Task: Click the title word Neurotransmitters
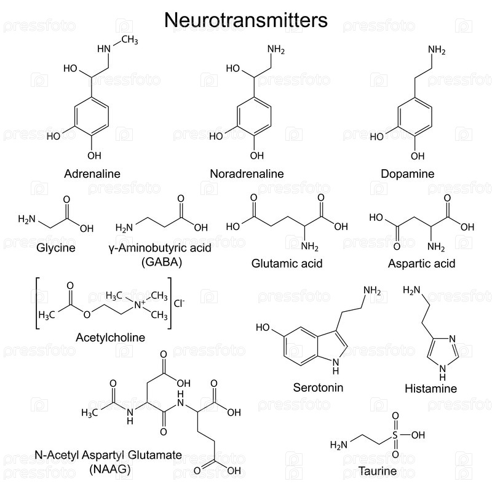pyautogui.click(x=246, y=20)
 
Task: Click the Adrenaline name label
pyautogui.click(x=92, y=173)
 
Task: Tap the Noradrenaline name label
pyautogui.click(x=247, y=173)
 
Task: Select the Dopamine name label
pyautogui.click(x=408, y=174)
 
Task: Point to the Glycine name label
pyautogui.click(x=56, y=248)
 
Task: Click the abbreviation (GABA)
pyautogui.click(x=162, y=262)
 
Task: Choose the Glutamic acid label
pyautogui.click(x=287, y=263)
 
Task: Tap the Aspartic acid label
pyautogui.click(x=421, y=264)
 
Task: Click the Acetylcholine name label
pyautogui.click(x=111, y=338)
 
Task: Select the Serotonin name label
pyautogui.click(x=318, y=387)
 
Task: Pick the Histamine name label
pyautogui.click(x=431, y=389)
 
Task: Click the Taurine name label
pyautogui.click(x=378, y=471)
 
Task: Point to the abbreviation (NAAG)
pyautogui.click(x=110, y=469)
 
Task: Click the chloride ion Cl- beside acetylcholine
pyautogui.click(x=179, y=303)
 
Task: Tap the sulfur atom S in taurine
pyautogui.click(x=395, y=435)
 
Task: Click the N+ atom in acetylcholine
pyautogui.click(x=140, y=304)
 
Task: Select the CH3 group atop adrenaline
pyautogui.click(x=130, y=39)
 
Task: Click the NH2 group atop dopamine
pyautogui.click(x=437, y=50)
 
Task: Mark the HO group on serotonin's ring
pyautogui.click(x=263, y=327)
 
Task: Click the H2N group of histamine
pyautogui.click(x=411, y=290)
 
